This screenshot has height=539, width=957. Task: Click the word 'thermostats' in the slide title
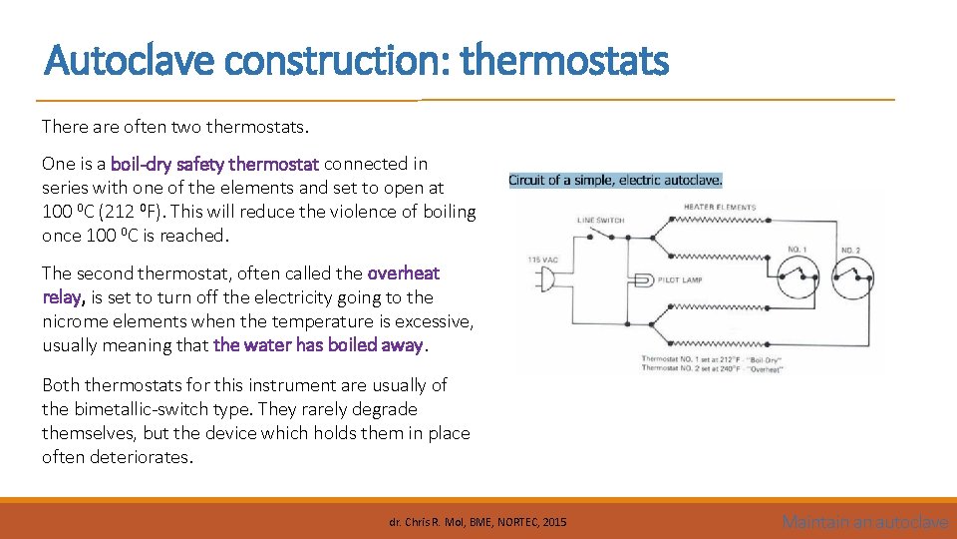coord(570,62)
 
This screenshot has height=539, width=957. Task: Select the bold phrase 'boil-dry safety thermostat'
coord(214,164)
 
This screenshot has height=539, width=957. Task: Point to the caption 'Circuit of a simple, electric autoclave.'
coord(615,181)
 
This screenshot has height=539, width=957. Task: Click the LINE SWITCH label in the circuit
coord(600,220)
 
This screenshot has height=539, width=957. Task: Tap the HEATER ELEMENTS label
coord(720,208)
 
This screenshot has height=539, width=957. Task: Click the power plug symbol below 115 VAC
coord(547,280)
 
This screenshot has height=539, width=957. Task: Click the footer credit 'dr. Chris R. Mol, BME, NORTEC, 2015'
coord(477,522)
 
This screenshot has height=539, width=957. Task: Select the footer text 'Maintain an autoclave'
coord(864,522)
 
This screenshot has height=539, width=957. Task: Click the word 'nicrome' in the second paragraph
coord(74,321)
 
